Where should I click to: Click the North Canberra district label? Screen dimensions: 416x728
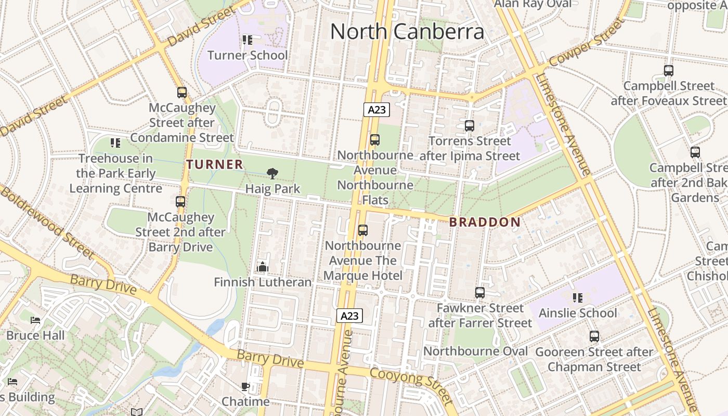coord(407,31)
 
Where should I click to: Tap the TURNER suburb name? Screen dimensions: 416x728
coord(215,165)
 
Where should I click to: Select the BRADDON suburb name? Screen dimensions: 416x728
coord(485,222)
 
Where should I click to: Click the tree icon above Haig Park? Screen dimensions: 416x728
coord(272,174)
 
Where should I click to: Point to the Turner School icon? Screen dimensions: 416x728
coord(248,40)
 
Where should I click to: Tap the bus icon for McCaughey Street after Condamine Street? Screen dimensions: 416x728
coord(181,93)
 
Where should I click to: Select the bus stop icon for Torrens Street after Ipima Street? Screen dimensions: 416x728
coord(469,126)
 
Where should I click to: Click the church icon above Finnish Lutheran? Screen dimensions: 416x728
coord(263,267)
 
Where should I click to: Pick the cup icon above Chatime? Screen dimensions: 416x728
coord(245,386)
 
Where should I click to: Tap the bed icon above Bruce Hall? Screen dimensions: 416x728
coord(35,320)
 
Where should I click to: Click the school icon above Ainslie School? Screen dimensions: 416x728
coord(578,298)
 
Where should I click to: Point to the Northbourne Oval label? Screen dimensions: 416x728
coord(475,351)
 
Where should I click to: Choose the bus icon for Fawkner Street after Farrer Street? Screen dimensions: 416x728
coord(479,293)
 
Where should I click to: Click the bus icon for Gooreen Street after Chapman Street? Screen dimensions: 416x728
coord(594,336)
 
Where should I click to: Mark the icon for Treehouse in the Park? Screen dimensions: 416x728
coord(115,142)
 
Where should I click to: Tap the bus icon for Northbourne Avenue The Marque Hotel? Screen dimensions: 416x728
coord(363,230)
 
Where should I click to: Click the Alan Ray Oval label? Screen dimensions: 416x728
coord(532,4)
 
